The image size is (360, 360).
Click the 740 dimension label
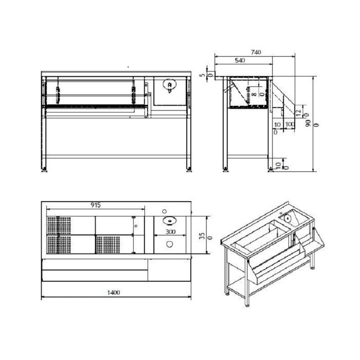click(256, 52)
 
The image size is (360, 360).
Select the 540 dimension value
click(240, 60)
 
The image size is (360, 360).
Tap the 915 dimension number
click(95, 205)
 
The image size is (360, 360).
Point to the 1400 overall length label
click(114, 292)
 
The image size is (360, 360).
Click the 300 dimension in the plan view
click(171, 232)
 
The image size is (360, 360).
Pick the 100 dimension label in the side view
click(290, 125)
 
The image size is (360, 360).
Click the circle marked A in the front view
click(170, 85)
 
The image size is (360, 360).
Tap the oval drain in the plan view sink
click(170, 220)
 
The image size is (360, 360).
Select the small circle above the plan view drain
click(164, 211)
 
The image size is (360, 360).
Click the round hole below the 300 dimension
click(170, 244)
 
